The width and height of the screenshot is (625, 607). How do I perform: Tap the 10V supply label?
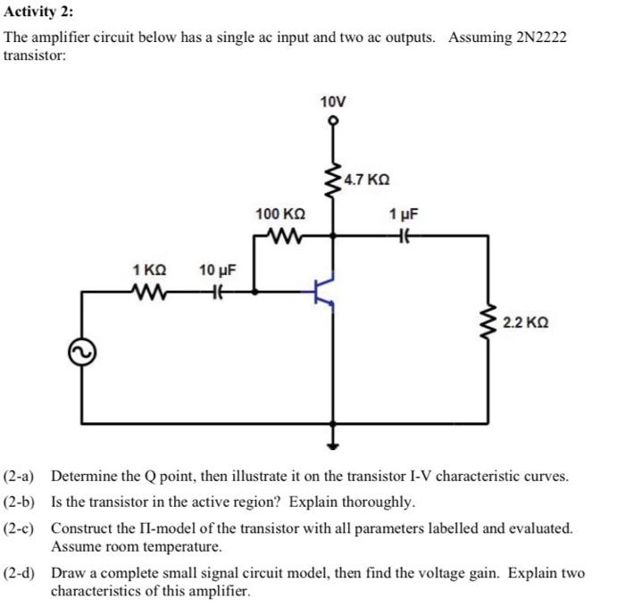333,101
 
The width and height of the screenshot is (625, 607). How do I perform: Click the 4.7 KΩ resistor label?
365,179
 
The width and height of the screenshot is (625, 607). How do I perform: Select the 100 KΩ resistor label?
280,214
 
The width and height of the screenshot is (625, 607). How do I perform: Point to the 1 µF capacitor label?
403,214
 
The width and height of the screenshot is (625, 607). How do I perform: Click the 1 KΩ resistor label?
149,270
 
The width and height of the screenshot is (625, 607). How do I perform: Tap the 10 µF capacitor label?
217,270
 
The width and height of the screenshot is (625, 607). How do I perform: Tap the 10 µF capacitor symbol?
216,291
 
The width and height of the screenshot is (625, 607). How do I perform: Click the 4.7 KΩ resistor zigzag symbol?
334,181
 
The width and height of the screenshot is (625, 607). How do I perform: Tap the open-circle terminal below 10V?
334,121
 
